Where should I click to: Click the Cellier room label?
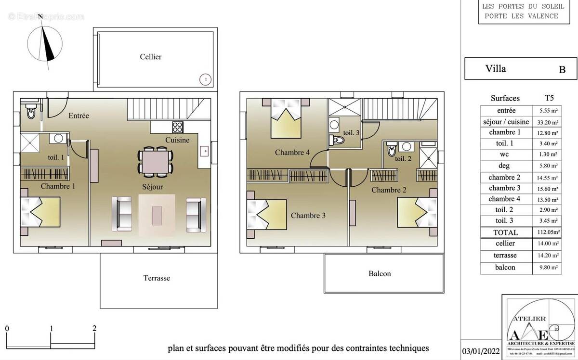[151, 57]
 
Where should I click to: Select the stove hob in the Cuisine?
[178, 127]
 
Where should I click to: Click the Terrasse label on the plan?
[157, 278]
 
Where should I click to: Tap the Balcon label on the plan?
[380, 274]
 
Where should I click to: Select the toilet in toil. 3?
[338, 140]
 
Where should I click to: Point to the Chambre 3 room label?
[308, 216]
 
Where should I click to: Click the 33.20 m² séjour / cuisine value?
[548, 122]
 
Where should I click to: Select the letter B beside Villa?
[562, 70]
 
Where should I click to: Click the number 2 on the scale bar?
[94, 329]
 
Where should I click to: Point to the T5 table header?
[548, 98]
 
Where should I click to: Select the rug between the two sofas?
[157, 215]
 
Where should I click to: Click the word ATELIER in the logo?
[529, 319]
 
